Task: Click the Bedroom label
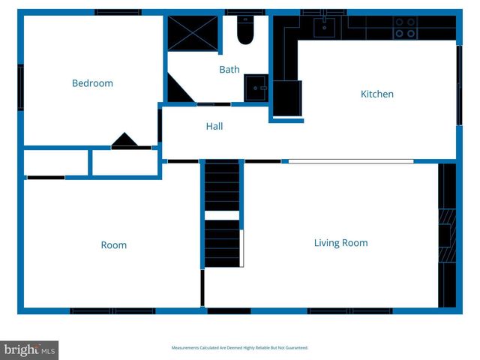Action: pos(92,83)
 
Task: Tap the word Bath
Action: pos(229,70)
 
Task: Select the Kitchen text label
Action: pos(377,94)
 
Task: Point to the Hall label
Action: pos(214,127)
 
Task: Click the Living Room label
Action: pos(340,243)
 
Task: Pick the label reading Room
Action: pos(114,245)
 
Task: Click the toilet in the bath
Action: pos(245,30)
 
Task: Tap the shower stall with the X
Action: pos(192,32)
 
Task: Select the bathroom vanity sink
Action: pos(256,87)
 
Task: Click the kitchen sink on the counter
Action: pos(324,28)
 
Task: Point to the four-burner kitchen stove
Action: pos(406,28)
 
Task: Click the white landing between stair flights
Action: pos(222,215)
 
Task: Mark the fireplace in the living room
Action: pos(446,235)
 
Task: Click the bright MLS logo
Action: pos(29,349)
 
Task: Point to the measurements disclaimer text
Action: pos(240,348)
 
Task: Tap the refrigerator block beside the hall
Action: pos(286,97)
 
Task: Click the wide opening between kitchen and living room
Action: pos(350,160)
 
